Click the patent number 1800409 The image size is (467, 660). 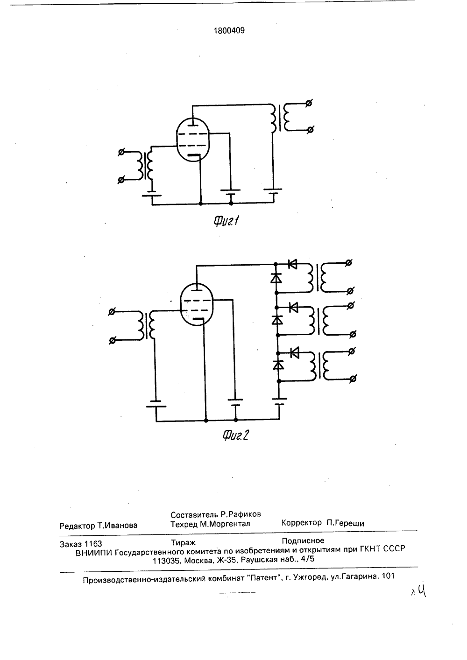[229, 31]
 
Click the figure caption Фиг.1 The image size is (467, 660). [226, 221]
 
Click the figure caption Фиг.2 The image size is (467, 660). [235, 435]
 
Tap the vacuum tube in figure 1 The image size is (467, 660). [193, 140]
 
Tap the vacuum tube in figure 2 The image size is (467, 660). [197, 304]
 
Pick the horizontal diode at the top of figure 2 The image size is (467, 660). [292, 264]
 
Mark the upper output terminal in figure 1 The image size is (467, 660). [309, 103]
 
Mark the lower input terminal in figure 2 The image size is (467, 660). [112, 341]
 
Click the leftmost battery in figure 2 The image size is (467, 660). [156, 404]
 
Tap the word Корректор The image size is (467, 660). [302, 523]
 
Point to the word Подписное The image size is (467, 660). [303, 541]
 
